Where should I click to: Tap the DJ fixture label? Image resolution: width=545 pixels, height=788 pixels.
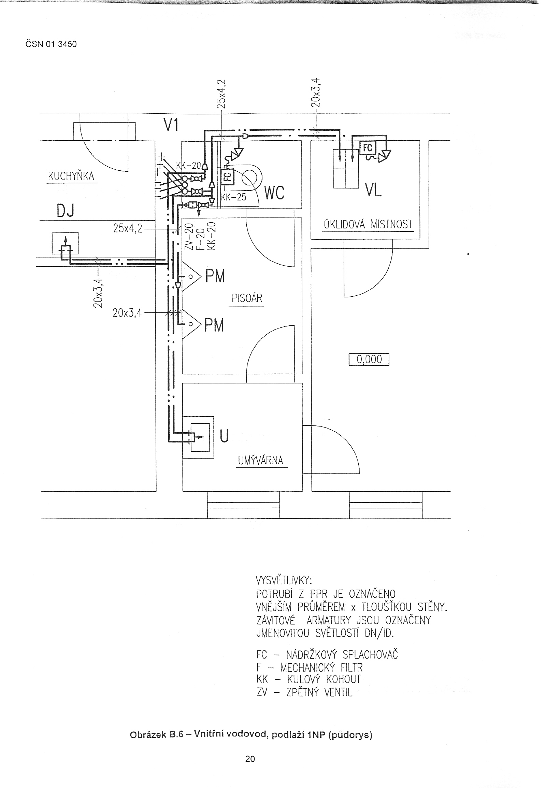click(x=65, y=212)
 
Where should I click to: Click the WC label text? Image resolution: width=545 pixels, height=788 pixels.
click(x=274, y=193)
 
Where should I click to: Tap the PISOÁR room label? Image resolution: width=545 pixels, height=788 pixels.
click(x=247, y=298)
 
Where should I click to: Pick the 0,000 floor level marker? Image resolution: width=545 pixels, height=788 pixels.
click(x=369, y=359)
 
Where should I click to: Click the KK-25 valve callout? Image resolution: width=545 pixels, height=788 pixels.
click(x=234, y=197)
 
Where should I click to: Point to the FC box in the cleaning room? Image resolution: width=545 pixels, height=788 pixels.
click(x=368, y=148)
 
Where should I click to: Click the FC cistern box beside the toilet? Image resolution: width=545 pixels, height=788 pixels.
click(x=228, y=177)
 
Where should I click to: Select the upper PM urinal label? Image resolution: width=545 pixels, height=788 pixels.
click(x=215, y=276)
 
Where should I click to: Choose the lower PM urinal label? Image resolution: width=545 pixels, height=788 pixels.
click(x=214, y=325)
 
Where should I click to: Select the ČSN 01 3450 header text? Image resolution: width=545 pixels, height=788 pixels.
click(x=51, y=44)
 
